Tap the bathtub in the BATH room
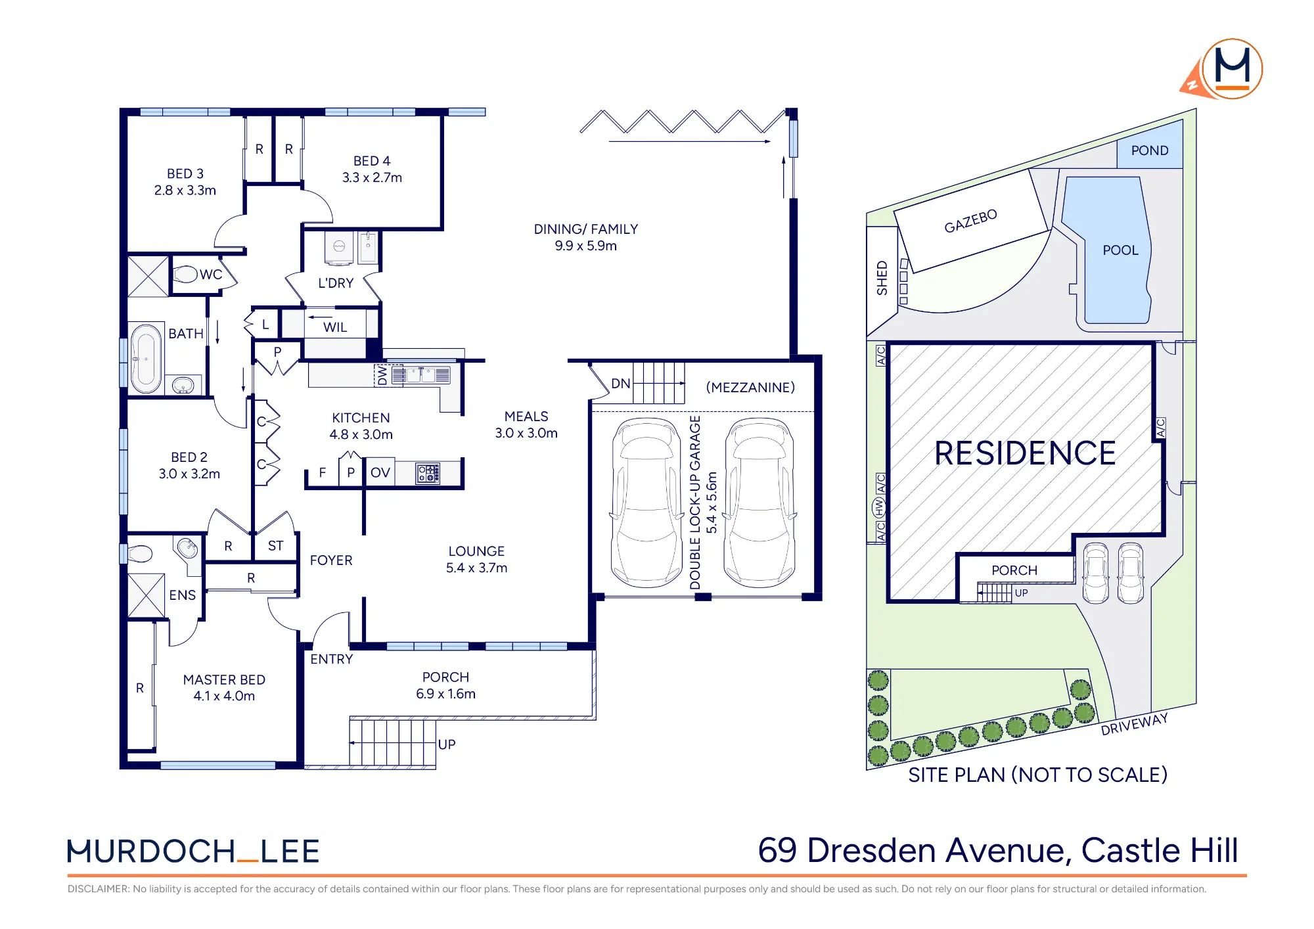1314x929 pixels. tap(146, 359)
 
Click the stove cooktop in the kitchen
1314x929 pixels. tap(428, 473)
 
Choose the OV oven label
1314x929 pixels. tap(380, 472)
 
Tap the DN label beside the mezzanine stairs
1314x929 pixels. tap(621, 384)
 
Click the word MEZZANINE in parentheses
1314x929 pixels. tap(750, 388)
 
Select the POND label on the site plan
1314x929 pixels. tap(1150, 150)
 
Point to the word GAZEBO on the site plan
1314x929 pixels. tap(970, 221)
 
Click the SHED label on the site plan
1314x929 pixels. tap(882, 278)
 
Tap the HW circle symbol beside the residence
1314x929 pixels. tap(878, 507)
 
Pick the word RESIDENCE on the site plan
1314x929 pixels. tap(1026, 453)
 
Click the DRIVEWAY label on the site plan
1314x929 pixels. tap(1135, 724)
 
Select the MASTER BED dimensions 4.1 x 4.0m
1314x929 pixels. tap(224, 696)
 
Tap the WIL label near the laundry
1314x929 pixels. tap(335, 327)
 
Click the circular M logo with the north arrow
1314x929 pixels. tap(1233, 69)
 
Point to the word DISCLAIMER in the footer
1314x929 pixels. tap(98, 889)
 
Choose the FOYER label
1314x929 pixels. tap(331, 560)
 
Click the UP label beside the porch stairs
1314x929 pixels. tap(447, 744)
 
